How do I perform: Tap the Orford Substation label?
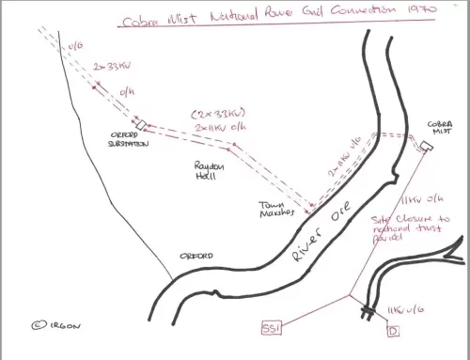[x=132, y=140]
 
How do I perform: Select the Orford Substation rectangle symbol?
[x=142, y=125]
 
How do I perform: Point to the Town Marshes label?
[x=279, y=208]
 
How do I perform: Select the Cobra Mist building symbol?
[x=426, y=146]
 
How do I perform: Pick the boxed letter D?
[x=393, y=330]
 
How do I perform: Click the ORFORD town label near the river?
[x=197, y=256]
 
